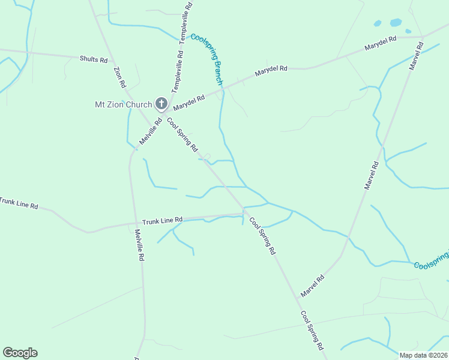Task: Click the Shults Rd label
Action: [94, 59]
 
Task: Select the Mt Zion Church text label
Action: [124, 104]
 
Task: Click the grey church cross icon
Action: [161, 104]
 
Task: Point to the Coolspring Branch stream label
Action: [208, 59]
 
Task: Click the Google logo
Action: [20, 353]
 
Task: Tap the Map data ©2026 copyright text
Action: [423, 355]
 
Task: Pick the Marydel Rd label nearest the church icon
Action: [189, 103]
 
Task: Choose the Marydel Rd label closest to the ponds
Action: [381, 43]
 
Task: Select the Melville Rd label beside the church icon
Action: [151, 130]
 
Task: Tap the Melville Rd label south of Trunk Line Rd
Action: [139, 245]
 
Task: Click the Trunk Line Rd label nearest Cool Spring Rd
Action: [162, 221]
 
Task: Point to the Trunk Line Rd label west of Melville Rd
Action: [18, 203]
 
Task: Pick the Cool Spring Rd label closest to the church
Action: [182, 135]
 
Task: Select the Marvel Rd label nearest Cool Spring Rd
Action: [313, 286]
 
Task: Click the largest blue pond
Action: [396, 23]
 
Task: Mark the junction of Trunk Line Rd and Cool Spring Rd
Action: [244, 211]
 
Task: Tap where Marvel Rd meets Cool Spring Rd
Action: [300, 296]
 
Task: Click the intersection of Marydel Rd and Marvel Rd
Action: [423, 38]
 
